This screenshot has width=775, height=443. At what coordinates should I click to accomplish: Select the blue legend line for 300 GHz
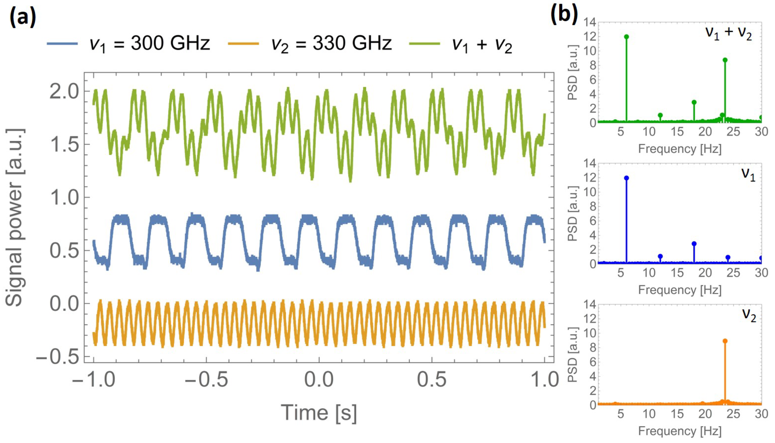click(x=62, y=44)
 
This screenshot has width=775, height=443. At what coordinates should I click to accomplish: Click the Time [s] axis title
click(x=318, y=413)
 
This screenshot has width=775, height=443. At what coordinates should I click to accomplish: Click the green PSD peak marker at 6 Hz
click(x=626, y=37)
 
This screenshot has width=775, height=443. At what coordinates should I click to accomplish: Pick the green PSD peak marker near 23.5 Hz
click(x=725, y=60)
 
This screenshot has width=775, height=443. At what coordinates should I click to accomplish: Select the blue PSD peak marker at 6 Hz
click(x=626, y=178)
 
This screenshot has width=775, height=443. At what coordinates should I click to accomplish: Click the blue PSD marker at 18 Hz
click(x=694, y=244)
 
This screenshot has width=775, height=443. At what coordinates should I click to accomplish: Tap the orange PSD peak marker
click(x=725, y=341)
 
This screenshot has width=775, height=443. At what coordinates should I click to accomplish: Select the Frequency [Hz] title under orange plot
click(x=679, y=431)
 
